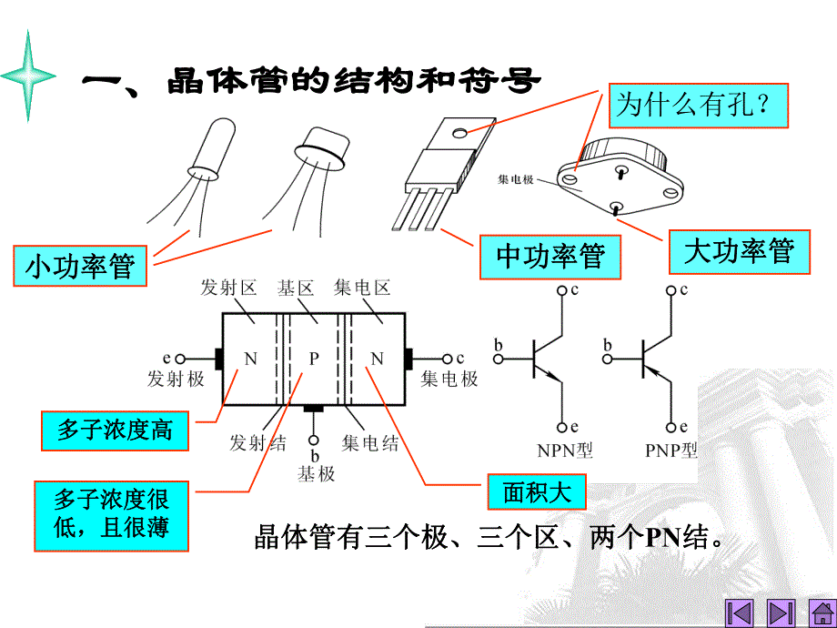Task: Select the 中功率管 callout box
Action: click(x=550, y=257)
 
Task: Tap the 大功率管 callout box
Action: click(x=739, y=251)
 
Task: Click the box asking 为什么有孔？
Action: click(x=698, y=105)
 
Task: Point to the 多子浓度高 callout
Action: click(x=115, y=430)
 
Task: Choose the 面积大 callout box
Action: click(x=537, y=492)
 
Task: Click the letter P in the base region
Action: click(x=313, y=359)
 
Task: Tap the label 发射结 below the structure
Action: click(x=257, y=443)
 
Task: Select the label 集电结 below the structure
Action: click(x=370, y=443)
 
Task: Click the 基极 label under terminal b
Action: click(x=316, y=473)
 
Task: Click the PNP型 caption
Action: click(x=670, y=450)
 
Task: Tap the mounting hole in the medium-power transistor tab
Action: click(x=461, y=133)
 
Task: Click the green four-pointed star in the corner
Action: click(x=29, y=76)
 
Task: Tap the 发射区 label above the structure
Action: click(x=228, y=289)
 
